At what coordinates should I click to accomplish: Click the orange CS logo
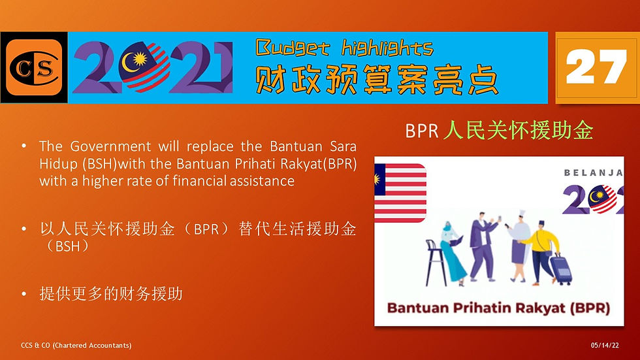tap(34, 67)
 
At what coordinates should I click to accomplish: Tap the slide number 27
tap(596, 67)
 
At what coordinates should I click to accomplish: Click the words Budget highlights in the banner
tap(344, 48)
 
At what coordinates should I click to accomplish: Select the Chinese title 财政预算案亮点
tap(376, 80)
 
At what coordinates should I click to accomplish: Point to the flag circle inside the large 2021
tap(144, 66)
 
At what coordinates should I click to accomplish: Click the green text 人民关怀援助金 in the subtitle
tap(518, 131)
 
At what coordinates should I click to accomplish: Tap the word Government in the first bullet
tap(110, 146)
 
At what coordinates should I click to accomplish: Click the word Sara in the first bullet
tap(343, 146)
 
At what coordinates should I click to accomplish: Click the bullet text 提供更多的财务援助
tap(111, 293)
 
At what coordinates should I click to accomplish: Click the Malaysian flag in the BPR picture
tap(400, 193)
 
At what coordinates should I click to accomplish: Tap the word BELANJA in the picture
tap(594, 172)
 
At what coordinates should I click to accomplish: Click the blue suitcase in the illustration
tap(561, 269)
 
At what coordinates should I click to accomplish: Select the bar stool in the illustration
tap(436, 261)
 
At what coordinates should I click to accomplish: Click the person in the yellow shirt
tap(541, 253)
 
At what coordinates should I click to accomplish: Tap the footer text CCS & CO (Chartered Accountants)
tap(76, 346)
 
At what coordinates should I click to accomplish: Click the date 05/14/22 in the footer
tap(605, 346)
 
